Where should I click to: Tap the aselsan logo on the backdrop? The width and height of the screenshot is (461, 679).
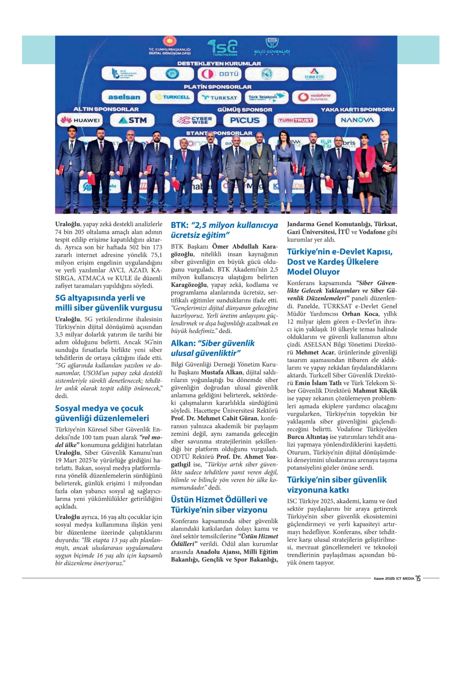coord(124,97)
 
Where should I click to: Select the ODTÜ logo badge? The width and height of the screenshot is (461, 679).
coord(219,74)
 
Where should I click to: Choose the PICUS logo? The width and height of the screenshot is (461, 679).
coord(245,120)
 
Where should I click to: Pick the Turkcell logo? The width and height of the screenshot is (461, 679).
coord(172,97)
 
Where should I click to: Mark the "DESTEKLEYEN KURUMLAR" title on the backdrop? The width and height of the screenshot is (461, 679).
coord(219,63)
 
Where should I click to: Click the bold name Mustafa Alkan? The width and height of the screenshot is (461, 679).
coord(221,372)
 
